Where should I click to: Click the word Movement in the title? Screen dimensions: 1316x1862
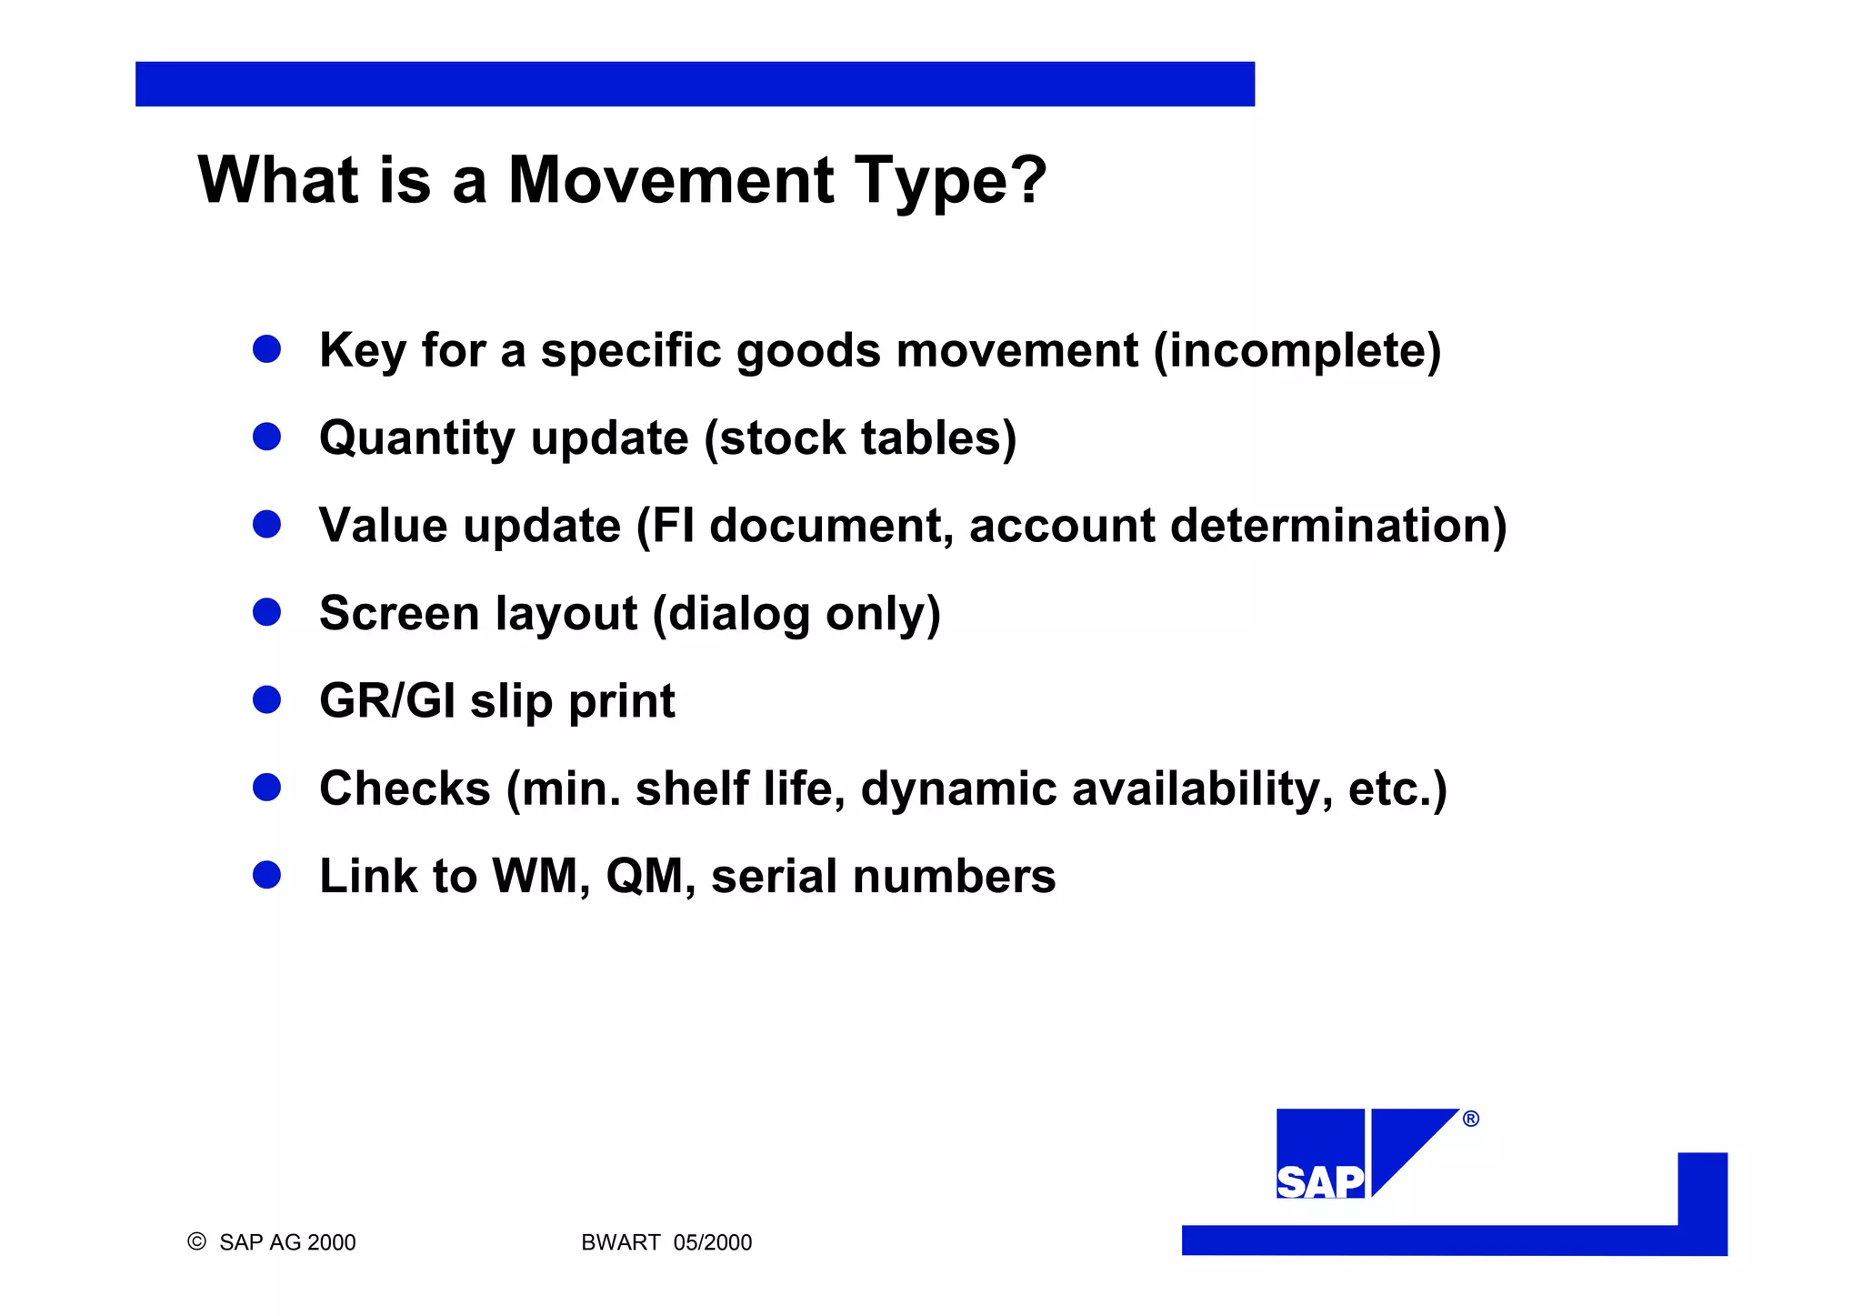click(670, 180)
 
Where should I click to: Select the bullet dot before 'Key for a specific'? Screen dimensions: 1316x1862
click(266, 348)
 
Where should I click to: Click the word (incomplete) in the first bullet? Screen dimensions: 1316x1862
click(1296, 350)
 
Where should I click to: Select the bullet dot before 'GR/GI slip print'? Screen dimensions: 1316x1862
click(266, 699)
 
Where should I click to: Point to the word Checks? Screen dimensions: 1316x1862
click(405, 789)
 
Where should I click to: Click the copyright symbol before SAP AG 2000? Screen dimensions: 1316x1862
click(196, 1241)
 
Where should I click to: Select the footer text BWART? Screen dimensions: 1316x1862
click(620, 1242)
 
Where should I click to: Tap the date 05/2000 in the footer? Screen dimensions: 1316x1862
click(713, 1242)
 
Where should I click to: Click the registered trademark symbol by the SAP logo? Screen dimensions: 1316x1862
click(1471, 1119)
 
